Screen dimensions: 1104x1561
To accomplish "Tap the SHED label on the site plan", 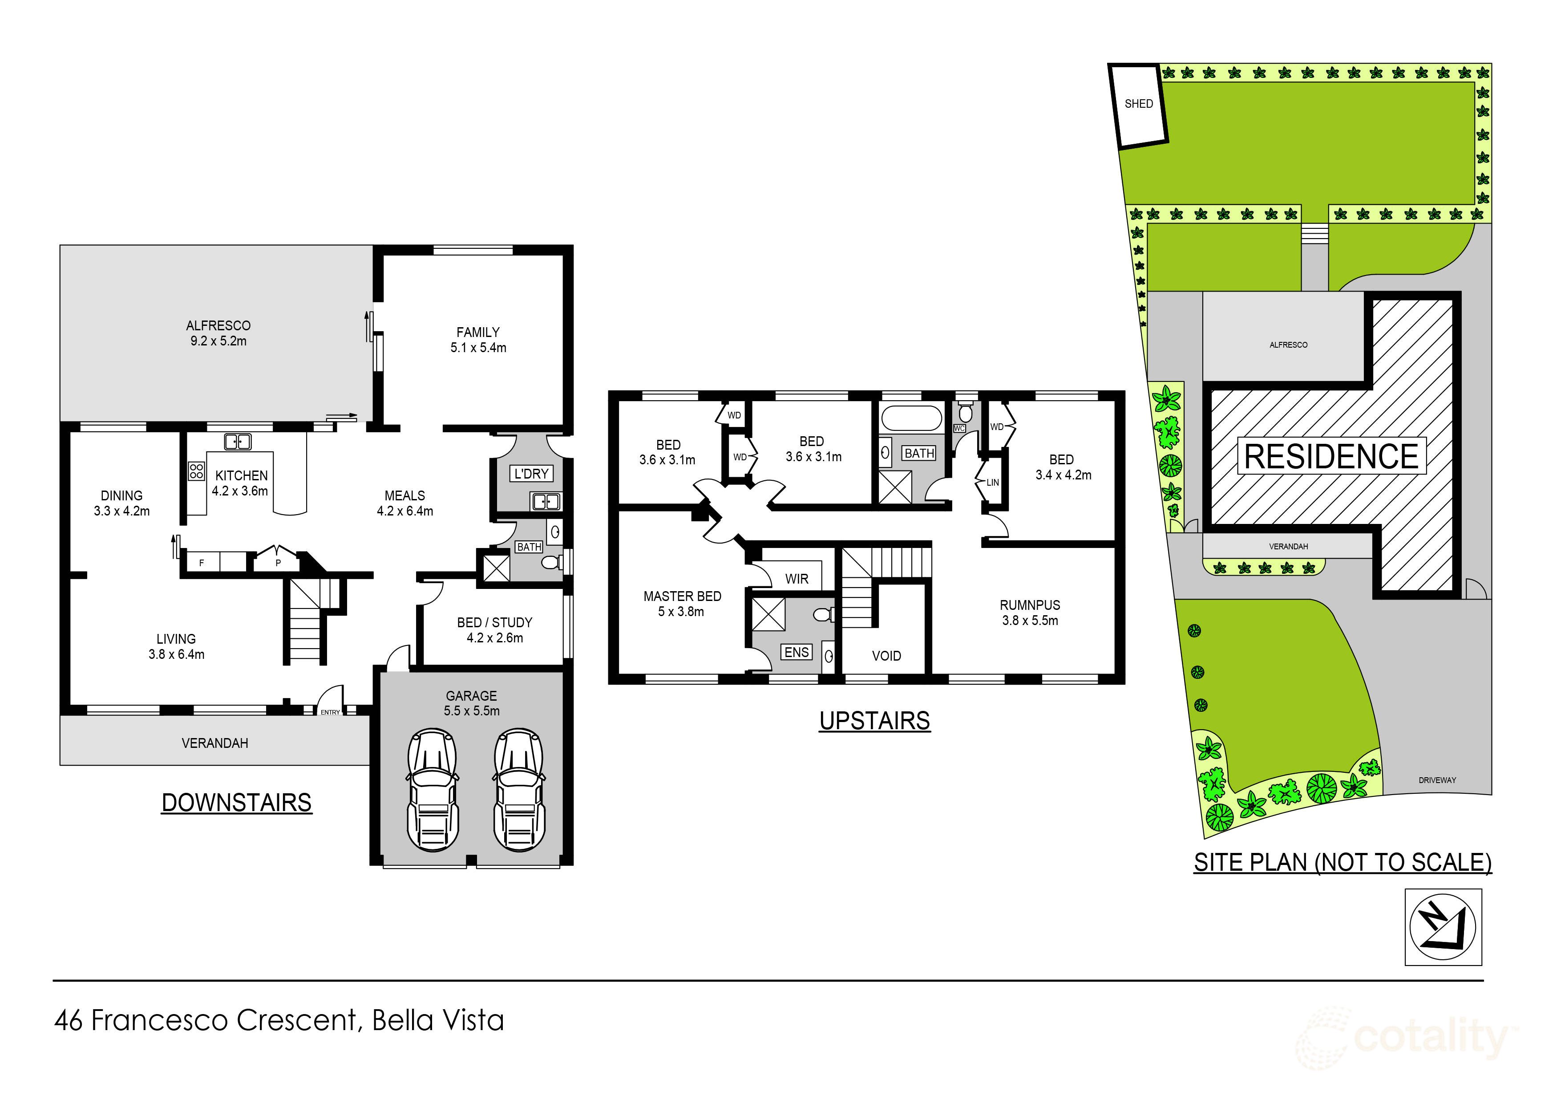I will click(x=1139, y=104).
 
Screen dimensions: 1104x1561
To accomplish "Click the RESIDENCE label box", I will click(x=1330, y=456).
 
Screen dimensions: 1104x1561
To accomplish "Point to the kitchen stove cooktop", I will click(x=197, y=471).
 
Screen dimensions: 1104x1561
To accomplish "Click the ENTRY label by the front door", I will click(x=331, y=712).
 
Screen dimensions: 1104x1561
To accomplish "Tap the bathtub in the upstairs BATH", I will click(x=911, y=416).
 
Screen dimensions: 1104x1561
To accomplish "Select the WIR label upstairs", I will click(x=797, y=579).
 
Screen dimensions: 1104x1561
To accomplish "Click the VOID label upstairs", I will click(x=886, y=656).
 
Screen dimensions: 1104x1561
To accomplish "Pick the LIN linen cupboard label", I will click(x=993, y=482).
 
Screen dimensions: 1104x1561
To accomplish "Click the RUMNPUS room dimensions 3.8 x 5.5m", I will click(x=1030, y=621).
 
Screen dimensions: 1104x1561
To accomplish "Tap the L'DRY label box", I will click(x=531, y=474).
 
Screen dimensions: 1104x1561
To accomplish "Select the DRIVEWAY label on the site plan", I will click(x=1437, y=780).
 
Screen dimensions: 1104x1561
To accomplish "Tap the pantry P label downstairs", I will click(x=278, y=563).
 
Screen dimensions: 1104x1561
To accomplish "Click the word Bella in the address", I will click(x=403, y=1020).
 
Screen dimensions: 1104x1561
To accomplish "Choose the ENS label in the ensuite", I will click(x=797, y=652).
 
